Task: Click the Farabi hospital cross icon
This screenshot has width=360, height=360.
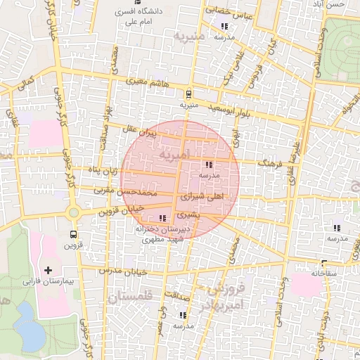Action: pos(48,270)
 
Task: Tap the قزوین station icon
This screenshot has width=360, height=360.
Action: pos(73,235)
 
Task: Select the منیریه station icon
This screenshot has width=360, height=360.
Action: pos(188,94)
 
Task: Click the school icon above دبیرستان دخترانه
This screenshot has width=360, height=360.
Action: pos(164,218)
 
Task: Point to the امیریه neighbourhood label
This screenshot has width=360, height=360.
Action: pos(174,153)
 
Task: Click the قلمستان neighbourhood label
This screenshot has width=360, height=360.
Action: pos(131,297)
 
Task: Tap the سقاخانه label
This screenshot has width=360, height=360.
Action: pos(324,272)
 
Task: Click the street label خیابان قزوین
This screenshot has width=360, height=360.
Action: pos(121,209)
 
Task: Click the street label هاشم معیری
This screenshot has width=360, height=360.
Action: pos(148,82)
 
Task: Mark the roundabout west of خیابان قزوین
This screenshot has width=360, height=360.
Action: pos(73,212)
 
